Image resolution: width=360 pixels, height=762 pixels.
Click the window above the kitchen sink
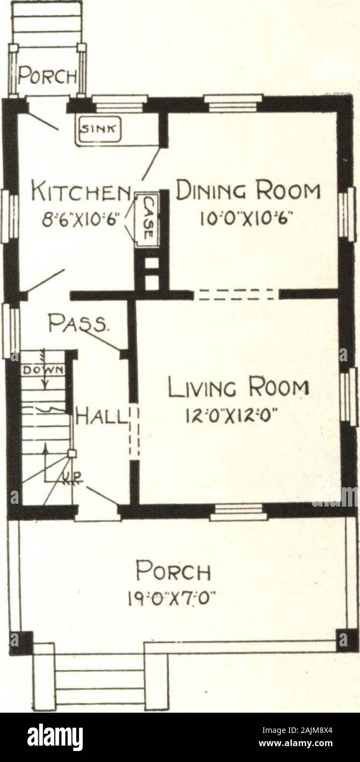point(119,103)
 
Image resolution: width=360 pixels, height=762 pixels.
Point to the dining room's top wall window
point(233,103)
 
